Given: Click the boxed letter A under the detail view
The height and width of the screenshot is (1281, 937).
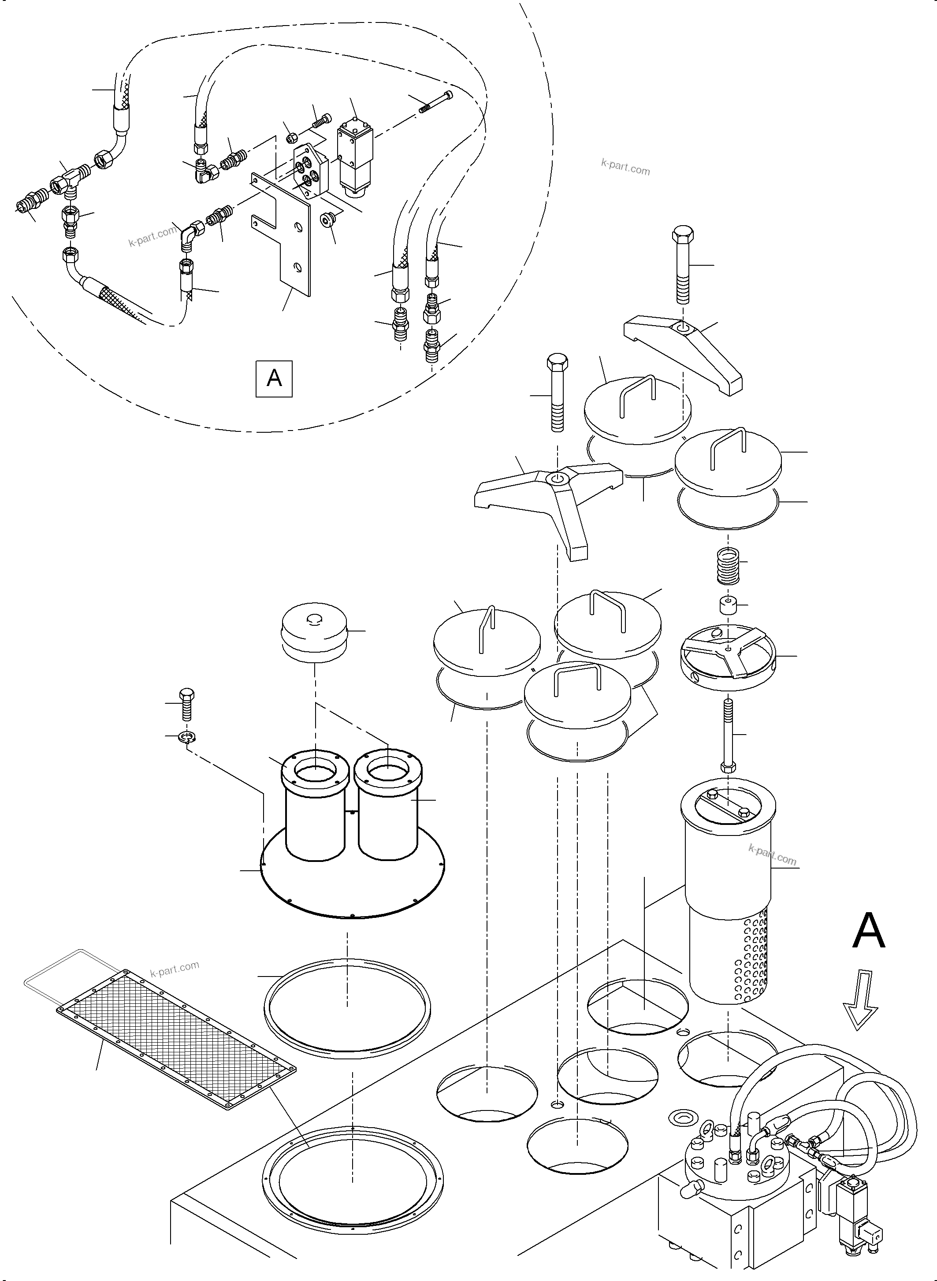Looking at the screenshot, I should (274, 378).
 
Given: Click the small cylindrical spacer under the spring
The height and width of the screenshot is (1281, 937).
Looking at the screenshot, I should (728, 605).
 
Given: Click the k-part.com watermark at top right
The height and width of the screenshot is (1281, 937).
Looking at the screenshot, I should (625, 167).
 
